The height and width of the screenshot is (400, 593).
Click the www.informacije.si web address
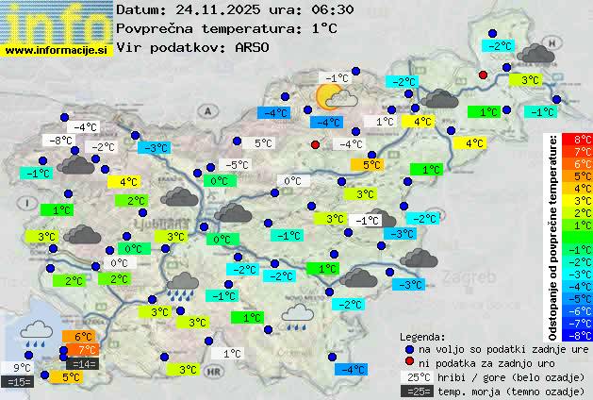[57, 50]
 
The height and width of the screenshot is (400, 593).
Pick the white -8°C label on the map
[61, 141]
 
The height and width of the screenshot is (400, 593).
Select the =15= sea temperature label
[18, 381]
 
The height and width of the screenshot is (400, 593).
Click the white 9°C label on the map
[22, 368]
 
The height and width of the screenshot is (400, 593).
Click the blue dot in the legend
[408, 348]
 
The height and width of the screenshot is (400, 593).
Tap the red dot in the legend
[408, 361]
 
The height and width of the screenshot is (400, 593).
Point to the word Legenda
[423, 336]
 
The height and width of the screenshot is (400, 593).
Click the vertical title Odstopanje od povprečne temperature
[553, 236]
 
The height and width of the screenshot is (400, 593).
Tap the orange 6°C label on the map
[81, 337]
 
